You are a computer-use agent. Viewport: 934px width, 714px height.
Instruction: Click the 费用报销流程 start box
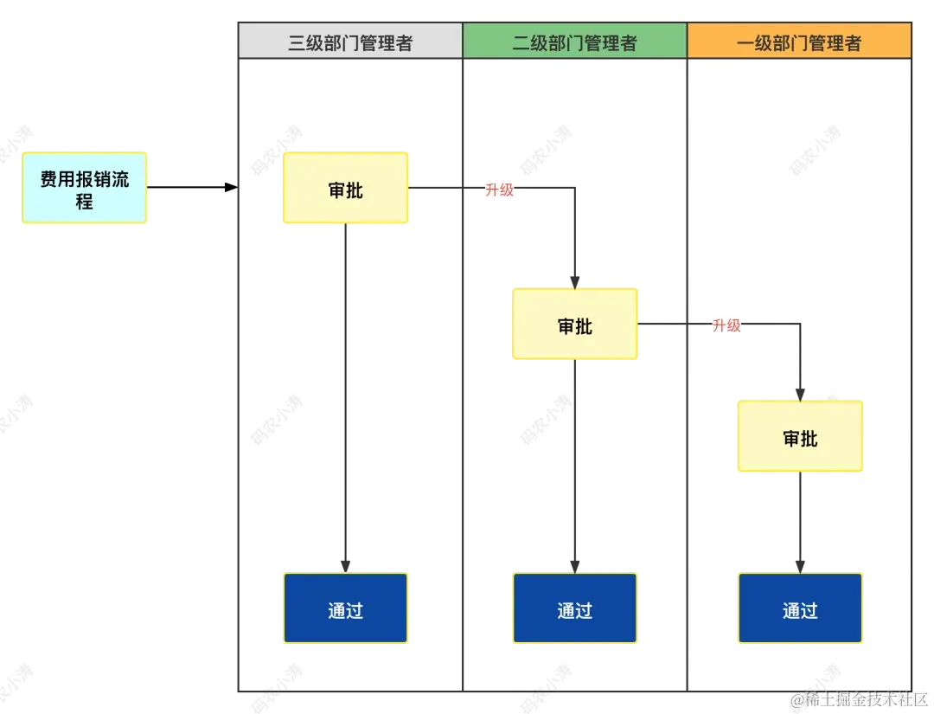click(x=85, y=189)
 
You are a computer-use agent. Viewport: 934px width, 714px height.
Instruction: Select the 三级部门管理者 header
click(x=349, y=42)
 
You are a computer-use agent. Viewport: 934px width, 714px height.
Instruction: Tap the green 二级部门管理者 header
click(x=574, y=42)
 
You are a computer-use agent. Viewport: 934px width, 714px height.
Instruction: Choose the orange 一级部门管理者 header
click(x=799, y=42)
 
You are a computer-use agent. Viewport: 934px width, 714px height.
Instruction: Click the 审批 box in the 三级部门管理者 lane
click(x=345, y=190)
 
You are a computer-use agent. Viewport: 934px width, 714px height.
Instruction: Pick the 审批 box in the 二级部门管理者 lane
click(x=575, y=325)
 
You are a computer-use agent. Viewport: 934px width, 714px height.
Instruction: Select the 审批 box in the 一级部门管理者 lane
click(x=799, y=438)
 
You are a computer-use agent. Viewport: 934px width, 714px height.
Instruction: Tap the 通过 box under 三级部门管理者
click(x=345, y=609)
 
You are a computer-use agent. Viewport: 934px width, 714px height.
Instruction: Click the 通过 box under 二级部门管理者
click(x=575, y=609)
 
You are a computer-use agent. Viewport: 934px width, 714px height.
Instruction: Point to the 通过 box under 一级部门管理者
click(x=799, y=609)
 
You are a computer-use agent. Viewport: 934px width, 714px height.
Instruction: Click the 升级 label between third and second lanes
click(x=500, y=190)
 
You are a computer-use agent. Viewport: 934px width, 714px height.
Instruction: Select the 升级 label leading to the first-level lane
click(x=726, y=325)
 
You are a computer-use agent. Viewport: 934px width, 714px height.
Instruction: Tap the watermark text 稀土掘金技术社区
click(x=865, y=698)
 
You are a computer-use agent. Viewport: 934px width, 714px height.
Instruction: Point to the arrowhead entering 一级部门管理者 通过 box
click(x=799, y=563)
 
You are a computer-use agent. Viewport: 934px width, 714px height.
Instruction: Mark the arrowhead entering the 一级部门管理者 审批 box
click(x=799, y=394)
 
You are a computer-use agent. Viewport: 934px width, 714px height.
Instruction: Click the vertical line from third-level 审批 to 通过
click(x=346, y=389)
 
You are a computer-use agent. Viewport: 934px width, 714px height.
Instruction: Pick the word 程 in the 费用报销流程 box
click(x=85, y=203)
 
